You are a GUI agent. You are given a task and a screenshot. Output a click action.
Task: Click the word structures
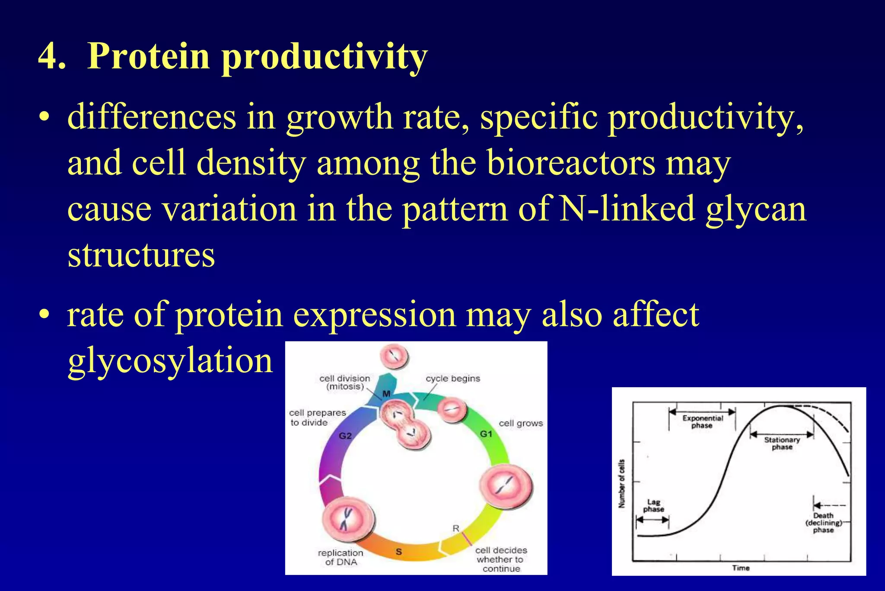point(141,255)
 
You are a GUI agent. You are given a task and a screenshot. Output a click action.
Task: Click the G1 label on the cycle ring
point(486,434)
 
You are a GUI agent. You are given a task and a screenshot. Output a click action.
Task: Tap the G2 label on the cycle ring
point(345,436)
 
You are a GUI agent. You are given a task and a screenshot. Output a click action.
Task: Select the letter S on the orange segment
point(398,552)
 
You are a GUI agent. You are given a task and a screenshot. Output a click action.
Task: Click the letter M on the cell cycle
point(386,394)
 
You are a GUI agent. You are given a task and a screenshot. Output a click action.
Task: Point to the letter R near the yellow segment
point(455,528)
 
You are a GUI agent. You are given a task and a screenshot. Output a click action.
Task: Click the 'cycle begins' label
point(452,379)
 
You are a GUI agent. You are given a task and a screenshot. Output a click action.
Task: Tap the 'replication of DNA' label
point(341,557)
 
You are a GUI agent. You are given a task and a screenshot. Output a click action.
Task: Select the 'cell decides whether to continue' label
point(501,559)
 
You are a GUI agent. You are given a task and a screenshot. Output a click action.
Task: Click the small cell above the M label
point(394,357)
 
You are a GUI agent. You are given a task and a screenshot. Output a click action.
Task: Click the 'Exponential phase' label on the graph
point(702,422)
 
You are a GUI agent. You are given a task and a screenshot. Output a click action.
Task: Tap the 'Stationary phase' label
point(782,443)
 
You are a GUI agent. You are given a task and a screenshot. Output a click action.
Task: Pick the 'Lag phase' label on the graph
point(653,505)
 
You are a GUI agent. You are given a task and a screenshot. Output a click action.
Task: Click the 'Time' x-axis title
point(741,568)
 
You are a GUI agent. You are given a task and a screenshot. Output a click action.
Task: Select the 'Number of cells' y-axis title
point(621,484)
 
